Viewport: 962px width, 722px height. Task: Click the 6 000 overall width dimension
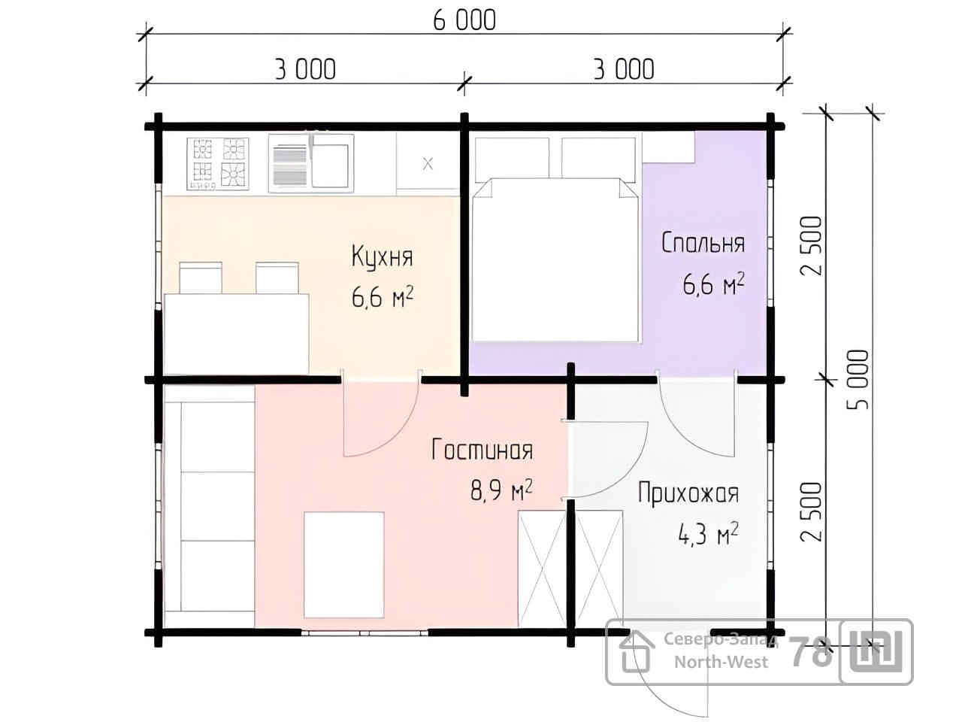click(464, 20)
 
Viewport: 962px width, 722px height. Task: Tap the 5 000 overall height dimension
click(858, 379)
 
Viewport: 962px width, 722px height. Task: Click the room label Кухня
click(382, 256)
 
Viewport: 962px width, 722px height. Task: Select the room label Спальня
click(703, 242)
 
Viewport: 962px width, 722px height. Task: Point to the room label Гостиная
click(482, 449)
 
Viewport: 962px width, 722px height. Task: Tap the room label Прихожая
click(688, 493)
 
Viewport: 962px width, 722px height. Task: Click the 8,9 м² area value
click(501, 490)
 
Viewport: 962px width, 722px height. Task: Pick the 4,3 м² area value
click(708, 533)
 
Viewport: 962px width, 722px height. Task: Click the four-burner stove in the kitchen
click(218, 164)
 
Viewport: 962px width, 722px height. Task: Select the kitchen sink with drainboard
click(311, 163)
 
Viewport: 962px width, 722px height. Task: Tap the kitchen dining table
click(236, 334)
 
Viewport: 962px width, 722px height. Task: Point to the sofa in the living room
click(210, 506)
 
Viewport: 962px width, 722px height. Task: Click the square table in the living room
click(344, 565)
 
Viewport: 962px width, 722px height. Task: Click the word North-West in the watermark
click(721, 662)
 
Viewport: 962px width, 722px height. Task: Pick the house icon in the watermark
click(637, 652)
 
